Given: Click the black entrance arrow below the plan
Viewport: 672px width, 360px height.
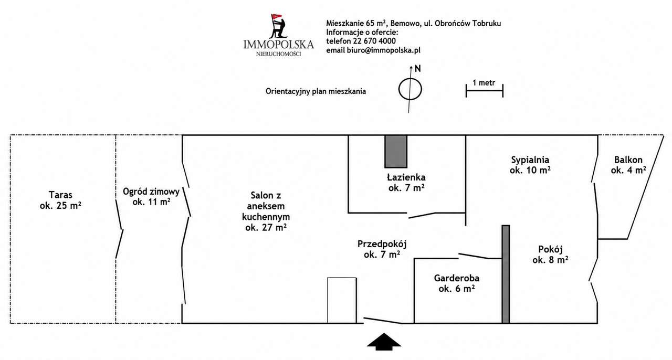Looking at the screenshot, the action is [x=384, y=342].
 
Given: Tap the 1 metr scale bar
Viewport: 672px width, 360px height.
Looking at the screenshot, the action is [x=485, y=91].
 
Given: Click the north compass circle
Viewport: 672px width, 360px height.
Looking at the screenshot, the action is [x=410, y=89].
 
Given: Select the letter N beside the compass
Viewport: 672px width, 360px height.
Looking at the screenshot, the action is [x=417, y=69].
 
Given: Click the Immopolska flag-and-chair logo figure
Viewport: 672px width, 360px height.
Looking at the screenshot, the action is [x=278, y=26].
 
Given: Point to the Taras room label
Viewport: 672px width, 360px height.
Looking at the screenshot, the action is [x=60, y=200].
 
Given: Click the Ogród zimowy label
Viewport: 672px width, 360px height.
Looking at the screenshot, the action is [x=151, y=196].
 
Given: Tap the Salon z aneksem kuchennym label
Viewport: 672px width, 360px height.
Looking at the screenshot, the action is [x=266, y=211].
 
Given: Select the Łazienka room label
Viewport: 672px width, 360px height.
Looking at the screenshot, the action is [x=406, y=183].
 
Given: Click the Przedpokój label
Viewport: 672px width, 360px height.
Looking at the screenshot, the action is [x=382, y=249].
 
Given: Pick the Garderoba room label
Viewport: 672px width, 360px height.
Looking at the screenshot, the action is [x=457, y=283].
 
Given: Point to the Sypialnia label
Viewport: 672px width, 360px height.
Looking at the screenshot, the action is [x=530, y=165].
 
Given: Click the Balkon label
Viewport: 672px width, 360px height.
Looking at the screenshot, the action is [x=628, y=165].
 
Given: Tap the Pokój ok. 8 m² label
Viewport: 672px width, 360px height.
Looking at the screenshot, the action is [x=550, y=255].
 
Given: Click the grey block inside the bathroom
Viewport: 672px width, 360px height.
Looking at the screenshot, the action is [x=396, y=152].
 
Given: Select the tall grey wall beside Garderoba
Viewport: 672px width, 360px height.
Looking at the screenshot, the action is [x=506, y=274].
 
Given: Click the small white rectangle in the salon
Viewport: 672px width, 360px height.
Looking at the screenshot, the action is [x=342, y=300].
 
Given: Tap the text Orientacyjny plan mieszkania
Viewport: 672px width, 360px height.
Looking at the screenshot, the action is [x=316, y=91].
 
